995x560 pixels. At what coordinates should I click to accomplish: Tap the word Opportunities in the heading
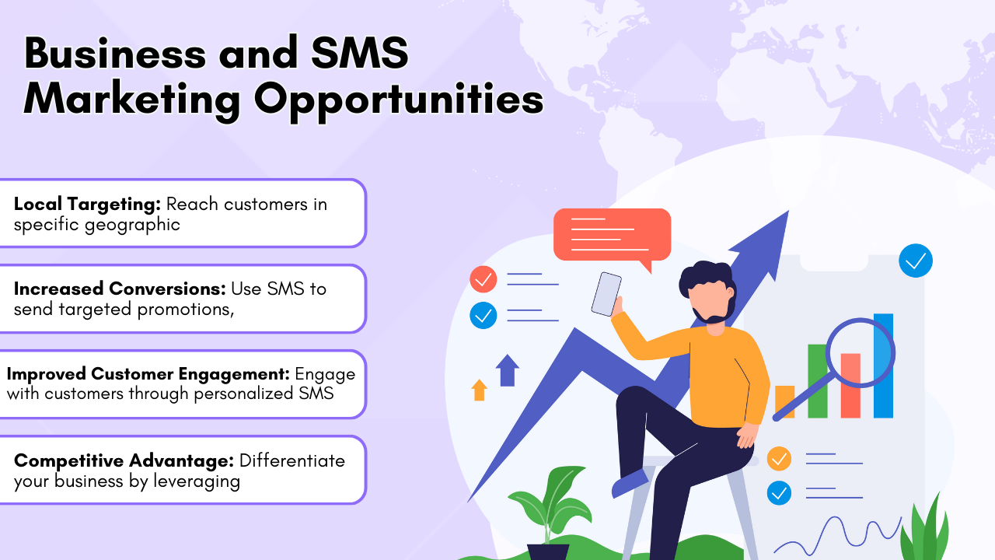point(398,101)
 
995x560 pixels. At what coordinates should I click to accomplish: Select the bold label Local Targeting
point(87,205)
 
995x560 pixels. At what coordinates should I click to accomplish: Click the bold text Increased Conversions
point(120,289)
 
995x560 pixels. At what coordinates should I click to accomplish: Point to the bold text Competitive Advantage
point(124,460)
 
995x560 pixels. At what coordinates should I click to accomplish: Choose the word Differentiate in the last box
point(292,460)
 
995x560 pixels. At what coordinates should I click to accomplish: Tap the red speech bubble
point(612,233)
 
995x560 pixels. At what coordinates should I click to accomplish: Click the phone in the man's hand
point(606,293)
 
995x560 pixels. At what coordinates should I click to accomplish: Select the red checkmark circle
point(484,278)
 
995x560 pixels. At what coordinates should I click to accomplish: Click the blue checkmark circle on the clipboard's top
point(915,261)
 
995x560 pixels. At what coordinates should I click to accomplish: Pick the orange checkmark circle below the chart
point(779,458)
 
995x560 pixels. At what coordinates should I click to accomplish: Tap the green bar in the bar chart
point(817,381)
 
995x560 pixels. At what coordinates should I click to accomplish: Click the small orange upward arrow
point(480,389)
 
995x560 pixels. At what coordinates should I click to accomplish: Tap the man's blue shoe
point(630,483)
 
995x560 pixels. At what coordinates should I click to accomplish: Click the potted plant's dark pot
point(548,551)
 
